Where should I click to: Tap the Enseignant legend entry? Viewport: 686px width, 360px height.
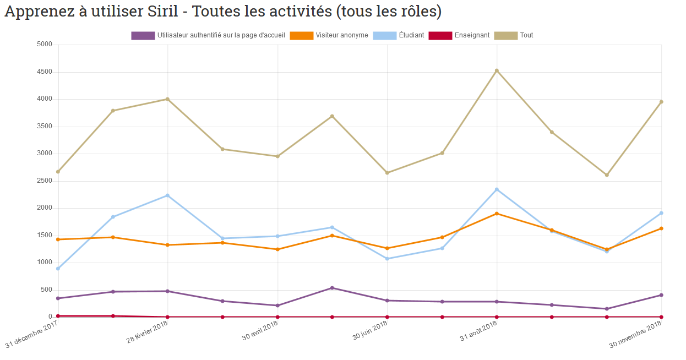pos(472,35)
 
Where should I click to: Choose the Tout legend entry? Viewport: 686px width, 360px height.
pos(526,35)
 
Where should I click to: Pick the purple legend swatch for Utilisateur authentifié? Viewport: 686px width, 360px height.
pos(143,35)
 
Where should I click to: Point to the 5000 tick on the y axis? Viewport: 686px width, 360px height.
pos(44,45)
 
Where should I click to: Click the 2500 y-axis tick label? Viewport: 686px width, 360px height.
pos(44,181)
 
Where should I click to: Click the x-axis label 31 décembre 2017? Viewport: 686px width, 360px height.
pos(32,336)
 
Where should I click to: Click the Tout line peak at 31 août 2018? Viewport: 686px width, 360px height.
pos(497,70)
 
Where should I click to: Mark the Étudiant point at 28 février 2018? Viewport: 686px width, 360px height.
pos(167,195)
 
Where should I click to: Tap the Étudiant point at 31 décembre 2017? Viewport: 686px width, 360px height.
pos(58,269)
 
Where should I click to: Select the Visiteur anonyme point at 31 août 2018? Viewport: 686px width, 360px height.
pos(497,214)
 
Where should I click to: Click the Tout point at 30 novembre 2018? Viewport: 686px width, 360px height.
pos(661,102)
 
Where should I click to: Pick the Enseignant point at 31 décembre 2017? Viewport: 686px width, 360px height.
pos(58,316)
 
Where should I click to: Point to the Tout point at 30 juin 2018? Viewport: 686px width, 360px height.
pos(387,173)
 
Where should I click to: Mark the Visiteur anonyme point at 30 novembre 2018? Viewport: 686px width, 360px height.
pos(661,228)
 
